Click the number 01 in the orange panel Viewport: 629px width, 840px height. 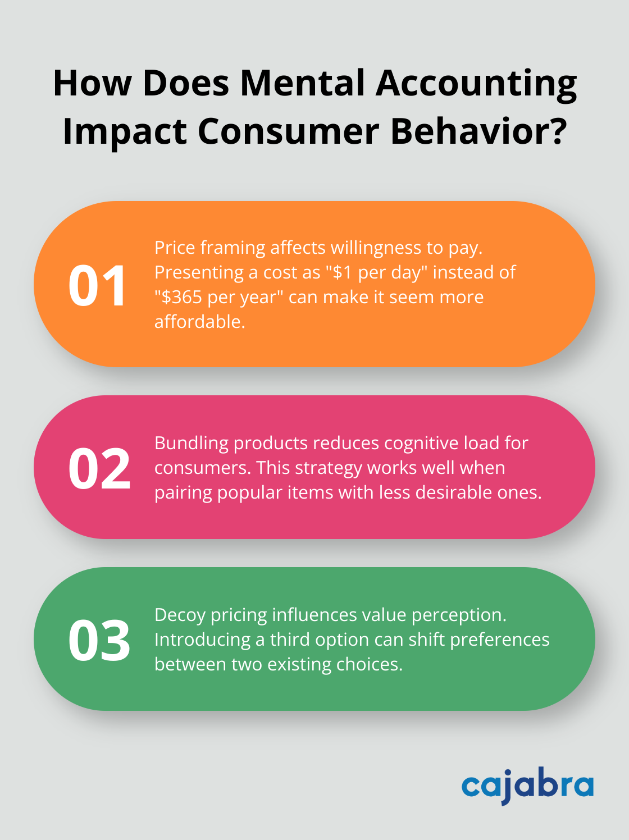pyautogui.click(x=98, y=285)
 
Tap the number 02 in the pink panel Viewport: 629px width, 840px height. pyautogui.click(x=99, y=469)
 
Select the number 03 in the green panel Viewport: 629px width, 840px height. pyautogui.click(x=99, y=640)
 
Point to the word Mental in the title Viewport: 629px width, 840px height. pyautogui.click(x=303, y=83)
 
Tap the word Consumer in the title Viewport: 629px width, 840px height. pyautogui.click(x=289, y=131)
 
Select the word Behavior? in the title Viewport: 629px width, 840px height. pyautogui.click(x=478, y=131)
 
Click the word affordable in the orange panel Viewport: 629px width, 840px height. pyautogui.click(x=199, y=322)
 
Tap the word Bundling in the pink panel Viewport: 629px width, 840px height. pyautogui.click(x=192, y=444)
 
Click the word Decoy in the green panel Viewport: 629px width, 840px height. pyautogui.click(x=180, y=615)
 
